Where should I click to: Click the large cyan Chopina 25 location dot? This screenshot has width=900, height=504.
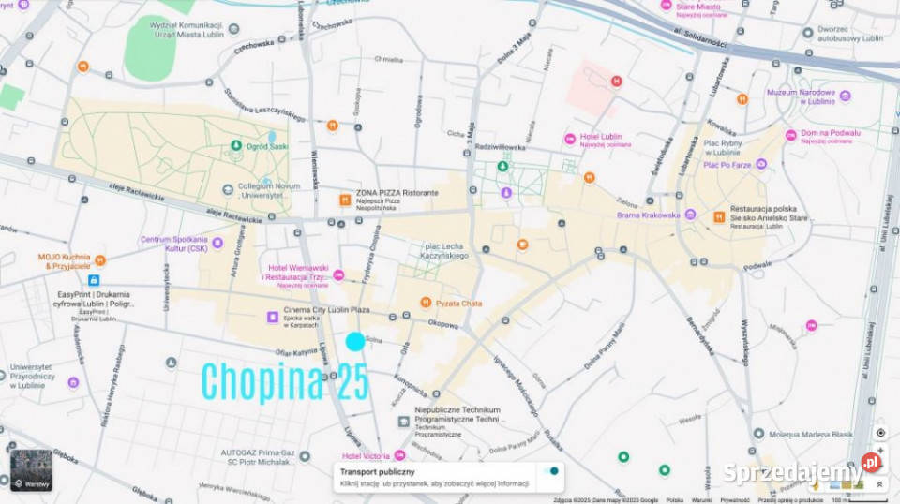(354, 342)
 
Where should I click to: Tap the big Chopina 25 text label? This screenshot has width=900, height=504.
(285, 381)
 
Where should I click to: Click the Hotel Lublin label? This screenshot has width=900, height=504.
(600, 137)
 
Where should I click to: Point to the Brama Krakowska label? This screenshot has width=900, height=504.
(648, 215)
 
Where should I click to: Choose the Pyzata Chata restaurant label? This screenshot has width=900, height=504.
(458, 303)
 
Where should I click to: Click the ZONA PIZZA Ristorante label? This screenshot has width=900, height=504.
(397, 193)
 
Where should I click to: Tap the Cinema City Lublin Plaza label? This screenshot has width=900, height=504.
(327, 310)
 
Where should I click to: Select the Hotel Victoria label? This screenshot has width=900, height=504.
(366, 456)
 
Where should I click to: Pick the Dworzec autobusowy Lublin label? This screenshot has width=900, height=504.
(849, 34)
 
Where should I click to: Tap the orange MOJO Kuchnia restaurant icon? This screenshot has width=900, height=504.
(100, 260)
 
